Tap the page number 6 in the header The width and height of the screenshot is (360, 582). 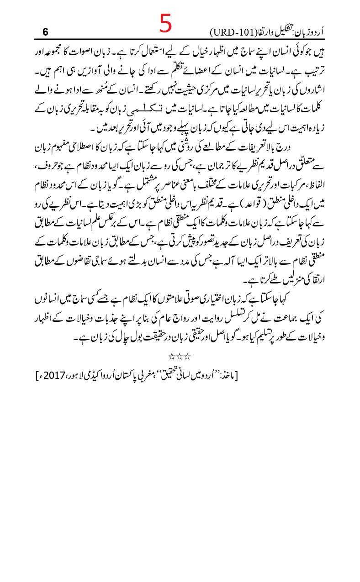coord(45,32)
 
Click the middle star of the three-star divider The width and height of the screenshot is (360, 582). coord(180,355)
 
